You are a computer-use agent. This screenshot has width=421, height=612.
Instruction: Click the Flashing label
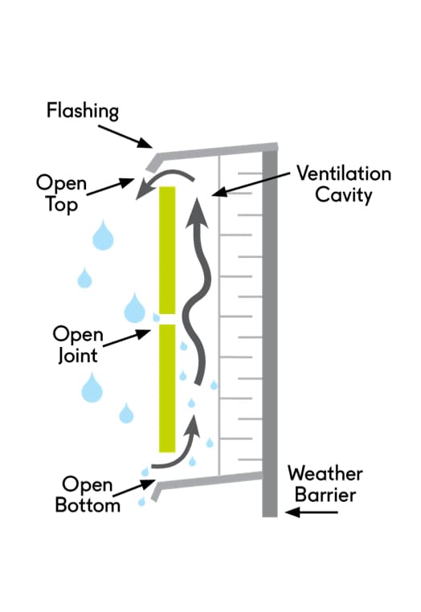(x=83, y=111)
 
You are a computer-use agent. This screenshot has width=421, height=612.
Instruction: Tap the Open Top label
(x=61, y=194)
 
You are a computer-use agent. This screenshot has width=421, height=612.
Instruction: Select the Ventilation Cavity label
(x=344, y=184)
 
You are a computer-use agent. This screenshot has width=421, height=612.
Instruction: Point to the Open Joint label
(x=78, y=345)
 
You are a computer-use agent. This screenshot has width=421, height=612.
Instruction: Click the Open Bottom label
(x=88, y=494)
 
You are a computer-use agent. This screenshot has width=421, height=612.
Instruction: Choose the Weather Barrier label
(x=325, y=484)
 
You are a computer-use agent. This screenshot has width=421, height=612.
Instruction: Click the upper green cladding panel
(x=167, y=251)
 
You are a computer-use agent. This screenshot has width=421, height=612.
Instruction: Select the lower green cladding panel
(x=167, y=389)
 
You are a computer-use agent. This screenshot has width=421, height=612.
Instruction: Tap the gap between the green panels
(x=167, y=320)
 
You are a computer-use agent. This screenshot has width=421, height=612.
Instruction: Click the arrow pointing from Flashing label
(x=125, y=137)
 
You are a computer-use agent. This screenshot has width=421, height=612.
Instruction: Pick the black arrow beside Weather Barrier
(x=311, y=512)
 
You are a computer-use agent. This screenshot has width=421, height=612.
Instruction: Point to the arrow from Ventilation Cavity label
(x=251, y=184)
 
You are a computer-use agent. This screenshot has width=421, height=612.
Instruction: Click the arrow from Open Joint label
(x=127, y=338)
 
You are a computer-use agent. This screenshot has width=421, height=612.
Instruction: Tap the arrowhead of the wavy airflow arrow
(x=197, y=213)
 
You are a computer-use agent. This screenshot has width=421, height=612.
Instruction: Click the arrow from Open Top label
(x=110, y=187)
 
